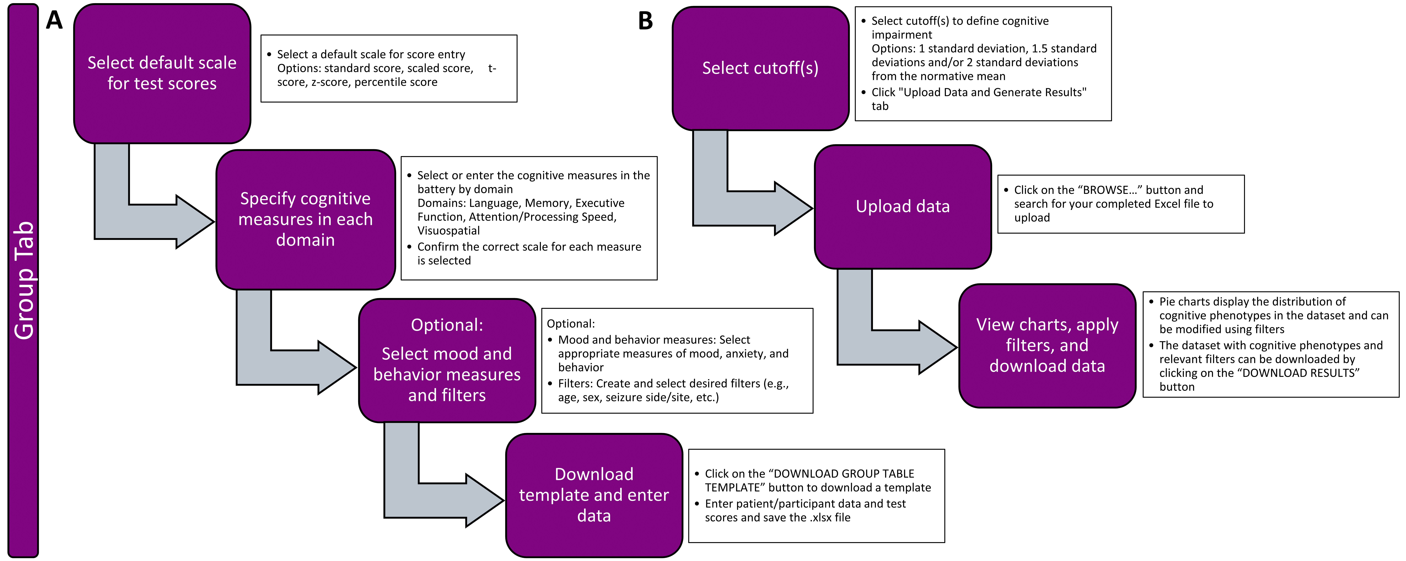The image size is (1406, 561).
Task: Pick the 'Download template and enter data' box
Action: [x=594, y=495]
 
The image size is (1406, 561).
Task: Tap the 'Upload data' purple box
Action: [x=902, y=206]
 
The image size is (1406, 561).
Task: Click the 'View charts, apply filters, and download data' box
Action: [x=1047, y=346]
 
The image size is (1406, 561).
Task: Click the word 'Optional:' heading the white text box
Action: [x=570, y=324]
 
